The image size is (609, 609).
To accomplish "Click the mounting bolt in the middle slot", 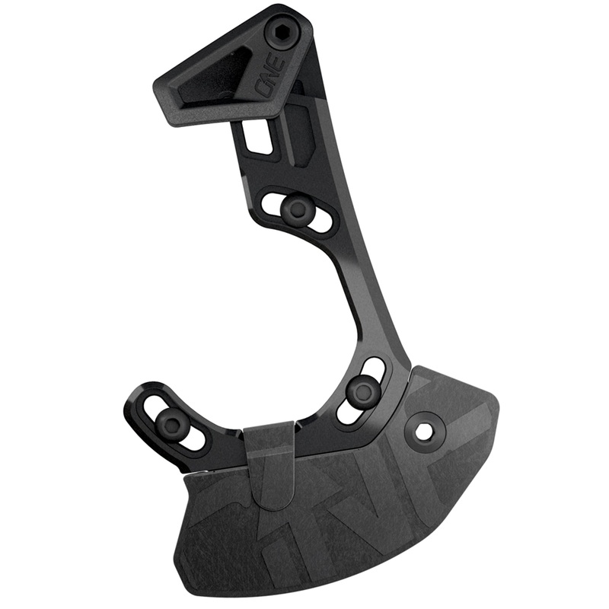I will tap(298, 209).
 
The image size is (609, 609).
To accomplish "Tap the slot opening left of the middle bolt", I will tap(273, 202).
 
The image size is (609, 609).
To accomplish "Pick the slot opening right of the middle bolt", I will tap(321, 222).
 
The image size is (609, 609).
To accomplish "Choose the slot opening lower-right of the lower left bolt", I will tap(194, 438).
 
